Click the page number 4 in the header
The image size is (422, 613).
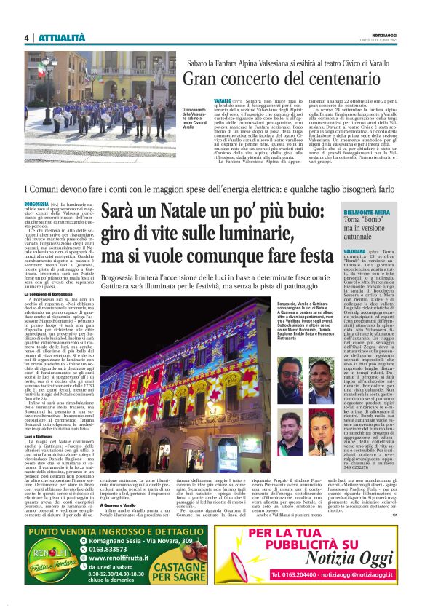coord(26,38)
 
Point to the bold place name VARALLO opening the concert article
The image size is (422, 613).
coord(202,98)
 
